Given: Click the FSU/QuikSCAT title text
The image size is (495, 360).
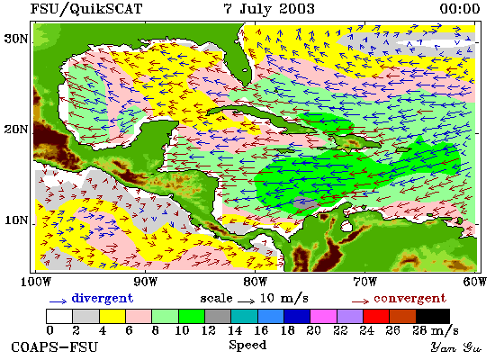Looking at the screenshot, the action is click(85, 9).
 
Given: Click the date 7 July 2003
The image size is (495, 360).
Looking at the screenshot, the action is click(269, 9).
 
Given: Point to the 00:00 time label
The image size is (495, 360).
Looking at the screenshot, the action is click(460, 9).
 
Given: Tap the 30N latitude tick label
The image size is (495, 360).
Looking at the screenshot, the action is click(16, 39).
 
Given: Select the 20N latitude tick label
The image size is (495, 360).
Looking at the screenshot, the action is click(16, 129).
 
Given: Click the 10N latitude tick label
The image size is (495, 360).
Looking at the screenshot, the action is click(16, 220).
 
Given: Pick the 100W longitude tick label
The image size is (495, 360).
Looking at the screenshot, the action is click(35, 282).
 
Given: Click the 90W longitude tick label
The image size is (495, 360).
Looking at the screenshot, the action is click(145, 282).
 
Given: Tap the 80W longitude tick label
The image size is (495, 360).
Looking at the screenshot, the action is click(255, 282).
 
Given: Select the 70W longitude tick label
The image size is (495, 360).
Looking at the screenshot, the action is click(364, 282).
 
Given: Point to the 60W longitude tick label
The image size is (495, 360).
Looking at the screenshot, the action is click(475, 282).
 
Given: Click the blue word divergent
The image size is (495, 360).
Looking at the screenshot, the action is click(103, 299).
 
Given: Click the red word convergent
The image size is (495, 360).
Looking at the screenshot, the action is click(409, 299).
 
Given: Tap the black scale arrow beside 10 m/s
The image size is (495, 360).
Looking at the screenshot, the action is click(247, 301).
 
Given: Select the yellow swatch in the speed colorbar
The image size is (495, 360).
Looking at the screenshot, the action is click(112, 317).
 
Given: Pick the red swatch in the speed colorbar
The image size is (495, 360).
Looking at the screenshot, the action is click(376, 317).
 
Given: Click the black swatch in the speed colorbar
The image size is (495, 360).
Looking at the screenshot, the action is click(433, 317).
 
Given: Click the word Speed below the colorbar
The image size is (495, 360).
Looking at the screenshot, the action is click(247, 345).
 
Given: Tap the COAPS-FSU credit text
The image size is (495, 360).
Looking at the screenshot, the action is click(55, 347).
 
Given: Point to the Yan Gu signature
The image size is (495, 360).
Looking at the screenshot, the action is click(456, 347).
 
